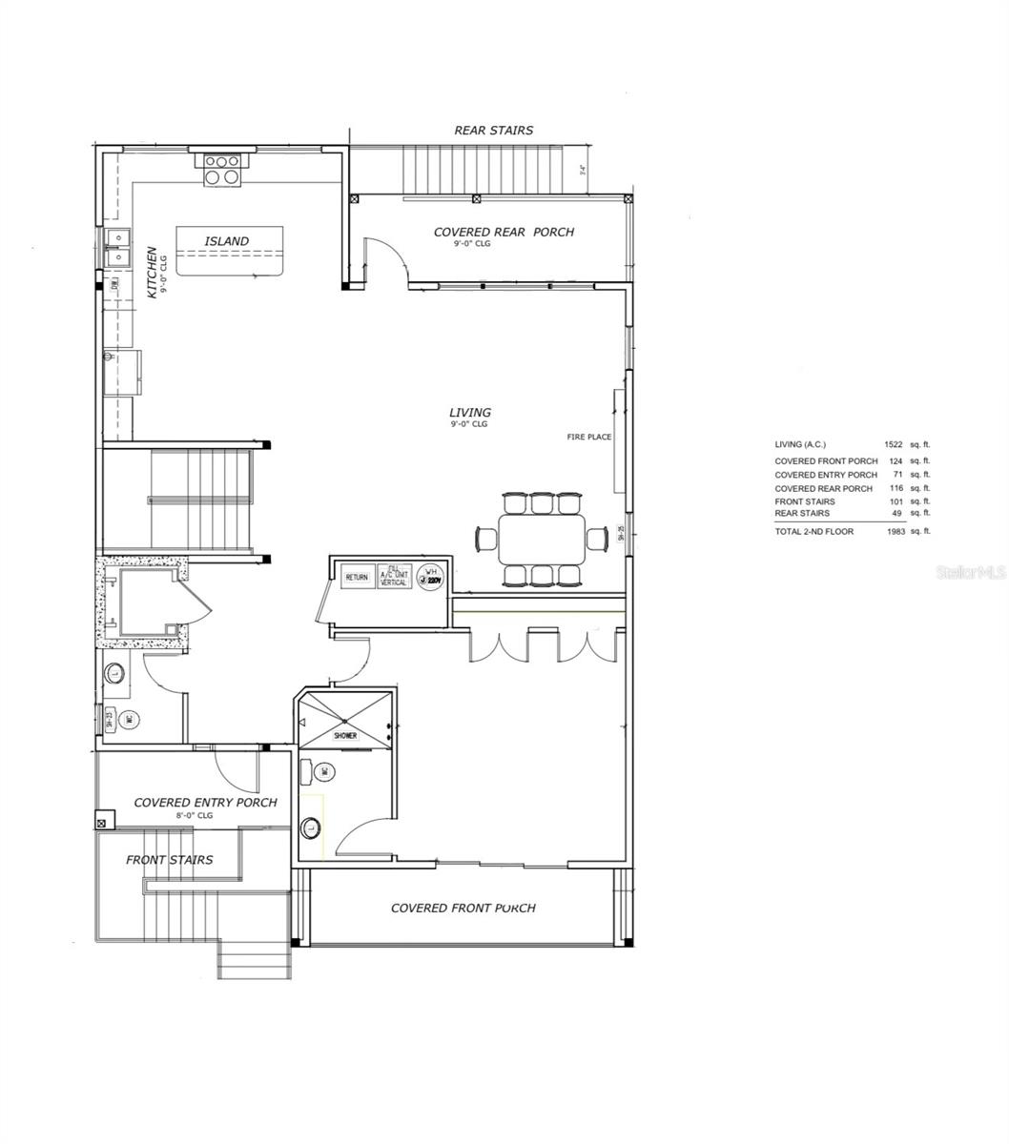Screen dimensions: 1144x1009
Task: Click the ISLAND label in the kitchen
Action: click(x=226, y=241)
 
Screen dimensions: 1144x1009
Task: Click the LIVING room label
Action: click(x=470, y=413)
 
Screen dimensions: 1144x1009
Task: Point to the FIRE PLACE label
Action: click(x=589, y=438)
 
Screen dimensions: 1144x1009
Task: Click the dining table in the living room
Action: click(x=541, y=540)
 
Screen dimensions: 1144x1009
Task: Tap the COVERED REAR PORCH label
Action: click(x=504, y=232)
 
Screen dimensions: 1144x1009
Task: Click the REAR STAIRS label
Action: click(x=493, y=130)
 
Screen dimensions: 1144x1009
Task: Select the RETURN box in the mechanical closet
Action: click(x=357, y=577)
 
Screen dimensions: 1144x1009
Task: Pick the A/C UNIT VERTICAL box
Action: click(x=394, y=576)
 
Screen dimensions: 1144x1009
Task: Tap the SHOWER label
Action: click(x=345, y=736)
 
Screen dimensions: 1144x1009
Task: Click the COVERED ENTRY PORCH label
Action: click(x=205, y=803)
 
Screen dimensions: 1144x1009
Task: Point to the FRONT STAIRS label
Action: click(x=170, y=860)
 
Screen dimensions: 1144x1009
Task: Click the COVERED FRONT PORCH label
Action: click(x=463, y=908)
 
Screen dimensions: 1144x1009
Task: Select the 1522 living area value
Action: click(x=893, y=444)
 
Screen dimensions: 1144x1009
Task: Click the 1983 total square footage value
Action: click(x=893, y=531)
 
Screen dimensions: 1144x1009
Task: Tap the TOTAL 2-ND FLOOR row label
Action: click(x=813, y=531)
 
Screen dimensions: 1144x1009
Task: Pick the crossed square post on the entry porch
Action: click(x=103, y=820)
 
